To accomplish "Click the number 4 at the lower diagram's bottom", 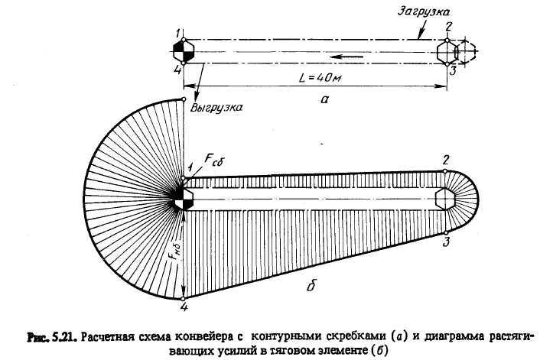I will pyautogui.click(x=184, y=308).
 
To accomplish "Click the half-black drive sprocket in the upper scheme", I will pyautogui.click(x=184, y=52).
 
